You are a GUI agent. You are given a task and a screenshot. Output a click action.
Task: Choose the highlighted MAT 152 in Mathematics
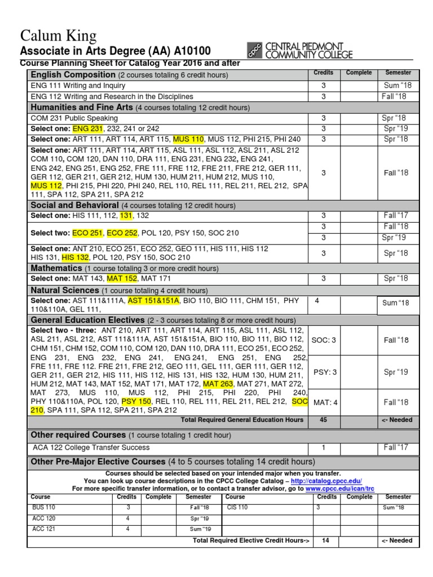(122, 279)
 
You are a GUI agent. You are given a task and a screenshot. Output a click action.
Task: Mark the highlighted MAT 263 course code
(219, 383)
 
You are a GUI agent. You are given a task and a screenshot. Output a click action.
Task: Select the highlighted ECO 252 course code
(122, 233)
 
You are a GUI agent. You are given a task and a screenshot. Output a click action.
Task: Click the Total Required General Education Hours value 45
(323, 420)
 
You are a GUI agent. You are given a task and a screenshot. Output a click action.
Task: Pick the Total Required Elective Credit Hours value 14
(325, 540)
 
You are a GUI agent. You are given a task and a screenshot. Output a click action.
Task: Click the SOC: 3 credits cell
(323, 340)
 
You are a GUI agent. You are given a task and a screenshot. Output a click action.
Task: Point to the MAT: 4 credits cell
(323, 402)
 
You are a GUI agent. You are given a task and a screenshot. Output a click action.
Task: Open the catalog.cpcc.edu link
(326, 481)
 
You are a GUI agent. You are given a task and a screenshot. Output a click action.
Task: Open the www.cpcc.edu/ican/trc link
(339, 489)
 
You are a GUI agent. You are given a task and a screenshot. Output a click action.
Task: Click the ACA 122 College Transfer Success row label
(91, 447)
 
